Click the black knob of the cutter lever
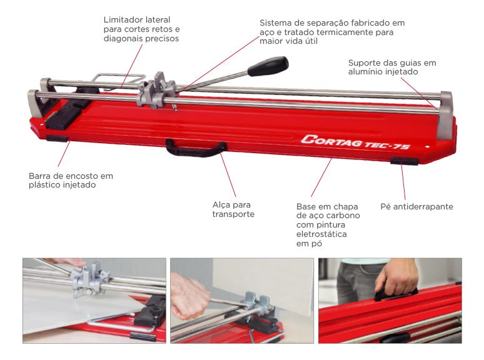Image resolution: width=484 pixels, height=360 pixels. tap(268, 66)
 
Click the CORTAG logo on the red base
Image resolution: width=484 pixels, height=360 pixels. tap(332, 141)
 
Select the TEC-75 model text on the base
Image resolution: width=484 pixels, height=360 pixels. tap(388, 145)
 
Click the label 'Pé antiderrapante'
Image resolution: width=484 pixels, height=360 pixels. tap(416, 206)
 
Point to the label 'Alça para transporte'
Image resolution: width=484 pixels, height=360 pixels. tap(233, 209)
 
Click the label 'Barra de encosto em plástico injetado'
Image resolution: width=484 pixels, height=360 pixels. tap(71, 180)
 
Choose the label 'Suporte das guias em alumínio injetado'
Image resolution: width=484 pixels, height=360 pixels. tap(392, 67)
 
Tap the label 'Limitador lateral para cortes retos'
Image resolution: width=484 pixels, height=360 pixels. tap(141, 24)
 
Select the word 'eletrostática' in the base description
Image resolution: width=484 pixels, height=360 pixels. tap(321, 234)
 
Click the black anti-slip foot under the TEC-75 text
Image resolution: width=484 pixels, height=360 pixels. tap(405, 161)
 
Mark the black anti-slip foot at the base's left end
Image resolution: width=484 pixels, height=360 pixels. tap(57, 139)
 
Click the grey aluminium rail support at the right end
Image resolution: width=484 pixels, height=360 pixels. tap(445, 115)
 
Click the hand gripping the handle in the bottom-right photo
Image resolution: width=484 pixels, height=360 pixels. tap(396, 276)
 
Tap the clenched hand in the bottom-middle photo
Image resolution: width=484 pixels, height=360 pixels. tap(188, 296)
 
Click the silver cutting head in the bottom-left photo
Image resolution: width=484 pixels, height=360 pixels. tap(89, 279)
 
